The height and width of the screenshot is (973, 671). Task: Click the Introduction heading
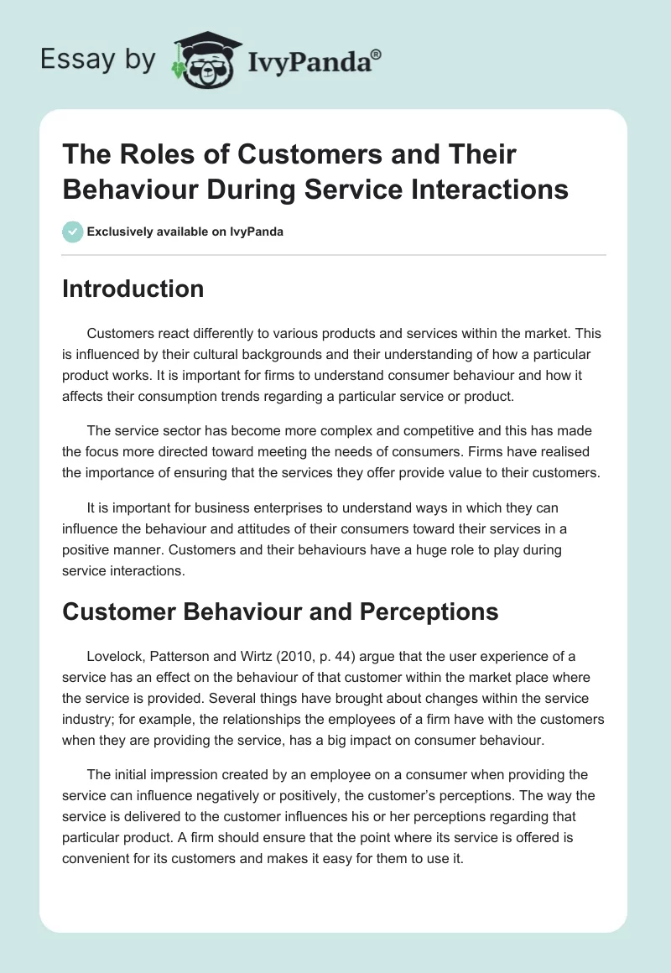133,289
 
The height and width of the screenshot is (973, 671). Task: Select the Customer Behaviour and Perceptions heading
280,612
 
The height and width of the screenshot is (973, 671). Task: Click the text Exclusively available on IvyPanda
185,232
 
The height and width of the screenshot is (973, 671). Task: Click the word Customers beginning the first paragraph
117,333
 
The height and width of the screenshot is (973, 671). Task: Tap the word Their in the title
471,154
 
